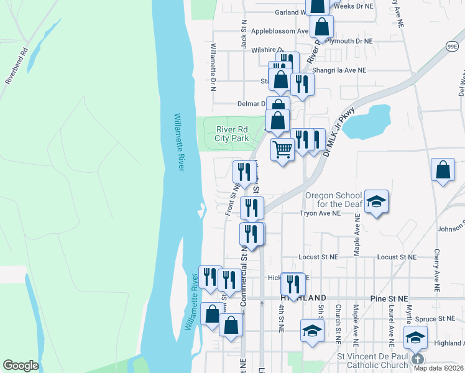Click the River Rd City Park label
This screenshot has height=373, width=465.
click(x=233, y=134)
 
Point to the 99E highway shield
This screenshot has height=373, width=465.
click(x=452, y=47)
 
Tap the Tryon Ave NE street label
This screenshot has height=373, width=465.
click(x=320, y=213)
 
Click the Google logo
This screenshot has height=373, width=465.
click(x=21, y=365)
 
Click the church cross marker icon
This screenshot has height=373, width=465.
click(x=417, y=359)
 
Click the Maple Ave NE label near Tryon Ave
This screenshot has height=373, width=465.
click(x=357, y=233)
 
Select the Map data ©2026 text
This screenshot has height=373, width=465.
click(x=438, y=368)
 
